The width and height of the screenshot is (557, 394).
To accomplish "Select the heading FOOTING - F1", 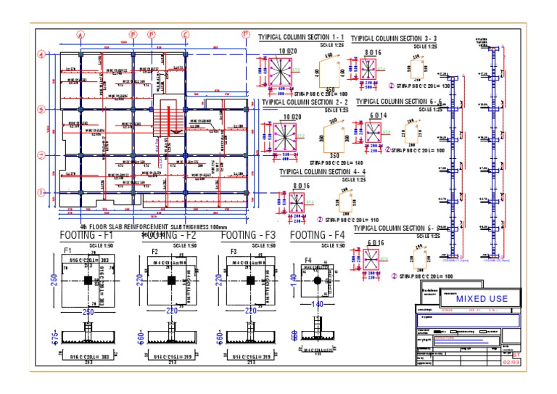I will (x=86, y=235).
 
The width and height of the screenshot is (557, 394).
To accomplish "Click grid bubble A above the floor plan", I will (x=81, y=34).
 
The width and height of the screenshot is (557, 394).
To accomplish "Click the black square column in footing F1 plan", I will (x=87, y=280).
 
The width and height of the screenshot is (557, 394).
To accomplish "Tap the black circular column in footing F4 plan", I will (x=317, y=279).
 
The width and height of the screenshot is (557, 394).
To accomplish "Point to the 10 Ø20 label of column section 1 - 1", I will (x=288, y=52).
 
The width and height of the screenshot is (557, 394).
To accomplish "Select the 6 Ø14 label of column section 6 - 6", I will (x=378, y=116).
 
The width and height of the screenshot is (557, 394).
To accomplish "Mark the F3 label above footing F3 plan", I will (x=234, y=252).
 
